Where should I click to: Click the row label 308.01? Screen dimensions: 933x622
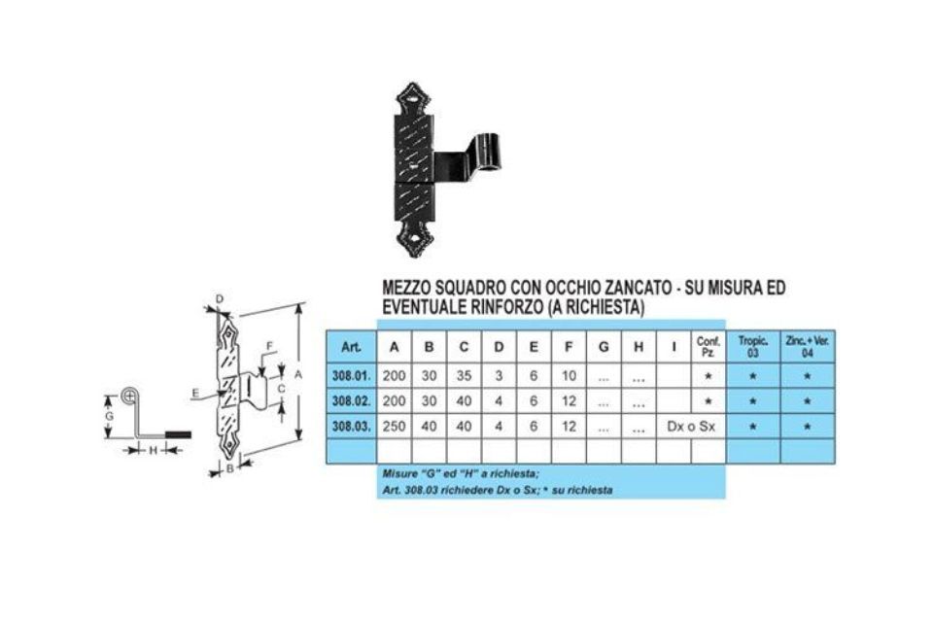(x=351, y=376)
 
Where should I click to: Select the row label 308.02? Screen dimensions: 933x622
(x=351, y=401)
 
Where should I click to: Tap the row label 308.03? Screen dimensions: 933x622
(x=351, y=427)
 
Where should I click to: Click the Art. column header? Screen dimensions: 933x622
(x=351, y=347)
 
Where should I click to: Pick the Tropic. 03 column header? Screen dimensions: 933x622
(x=752, y=347)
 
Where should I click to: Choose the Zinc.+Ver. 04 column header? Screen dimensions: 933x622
(x=807, y=347)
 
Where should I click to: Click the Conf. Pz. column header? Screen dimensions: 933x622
(x=708, y=347)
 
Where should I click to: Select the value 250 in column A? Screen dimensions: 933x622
(x=394, y=427)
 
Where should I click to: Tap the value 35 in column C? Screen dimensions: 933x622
(x=464, y=376)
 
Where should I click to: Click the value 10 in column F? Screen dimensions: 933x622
(x=569, y=376)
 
